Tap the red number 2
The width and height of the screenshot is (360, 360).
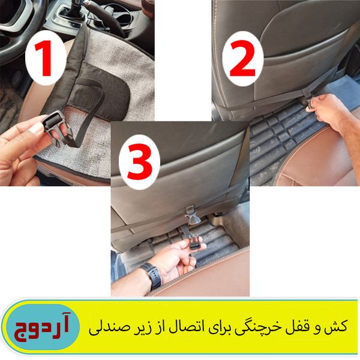[x=242, y=58]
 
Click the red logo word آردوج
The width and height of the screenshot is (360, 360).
[x=42, y=327]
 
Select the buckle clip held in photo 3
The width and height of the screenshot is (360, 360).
[x=194, y=244]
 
